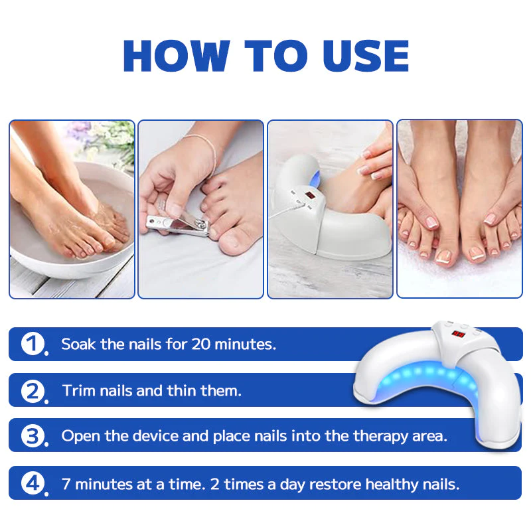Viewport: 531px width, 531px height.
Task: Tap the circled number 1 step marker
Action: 32,344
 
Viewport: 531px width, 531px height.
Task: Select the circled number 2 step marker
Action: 32,390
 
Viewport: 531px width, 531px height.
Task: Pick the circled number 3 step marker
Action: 32,436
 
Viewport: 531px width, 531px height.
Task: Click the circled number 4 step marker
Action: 32,483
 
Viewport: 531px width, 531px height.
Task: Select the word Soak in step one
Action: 77,344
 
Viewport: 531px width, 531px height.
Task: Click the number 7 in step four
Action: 66,484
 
